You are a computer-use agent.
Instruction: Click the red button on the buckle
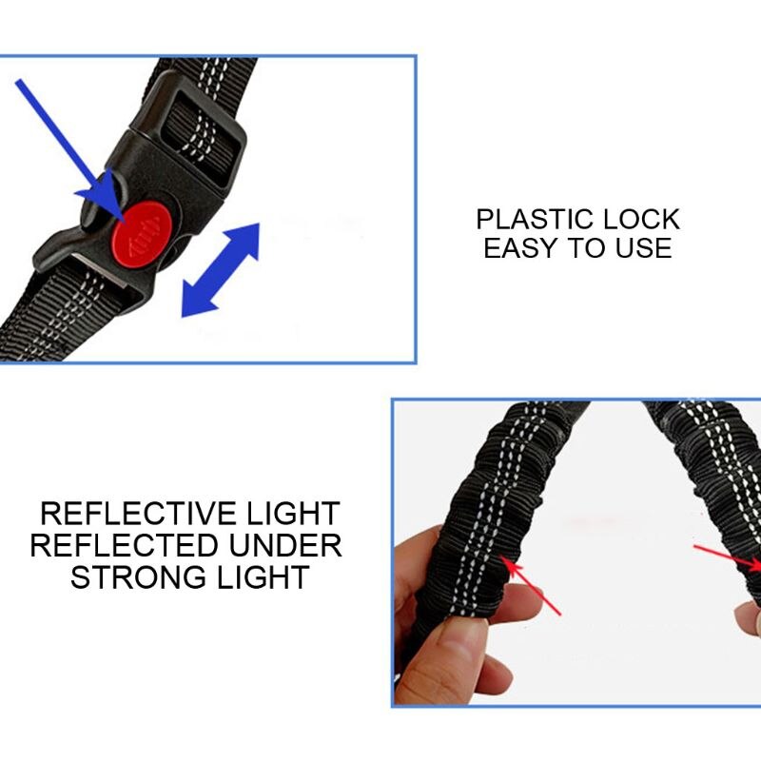click(x=139, y=230)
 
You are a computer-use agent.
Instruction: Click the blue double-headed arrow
click(x=220, y=269)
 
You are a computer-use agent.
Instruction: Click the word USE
click(x=642, y=249)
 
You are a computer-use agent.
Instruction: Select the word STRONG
click(x=134, y=577)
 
